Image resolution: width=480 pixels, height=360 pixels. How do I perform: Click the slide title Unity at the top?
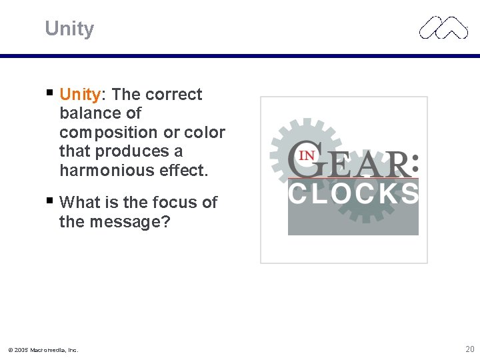tap(69, 29)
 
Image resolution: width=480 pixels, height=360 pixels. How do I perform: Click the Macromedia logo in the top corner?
tap(443, 28)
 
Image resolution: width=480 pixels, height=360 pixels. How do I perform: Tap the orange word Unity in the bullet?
tap(79, 95)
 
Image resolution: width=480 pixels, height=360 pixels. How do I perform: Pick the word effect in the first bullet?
tap(183, 171)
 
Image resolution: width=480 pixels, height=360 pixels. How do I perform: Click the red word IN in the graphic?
tap(307, 155)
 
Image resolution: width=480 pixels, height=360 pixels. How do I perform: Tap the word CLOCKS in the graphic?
tap(353, 193)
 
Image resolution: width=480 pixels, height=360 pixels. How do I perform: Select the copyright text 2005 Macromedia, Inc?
tap(43, 349)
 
